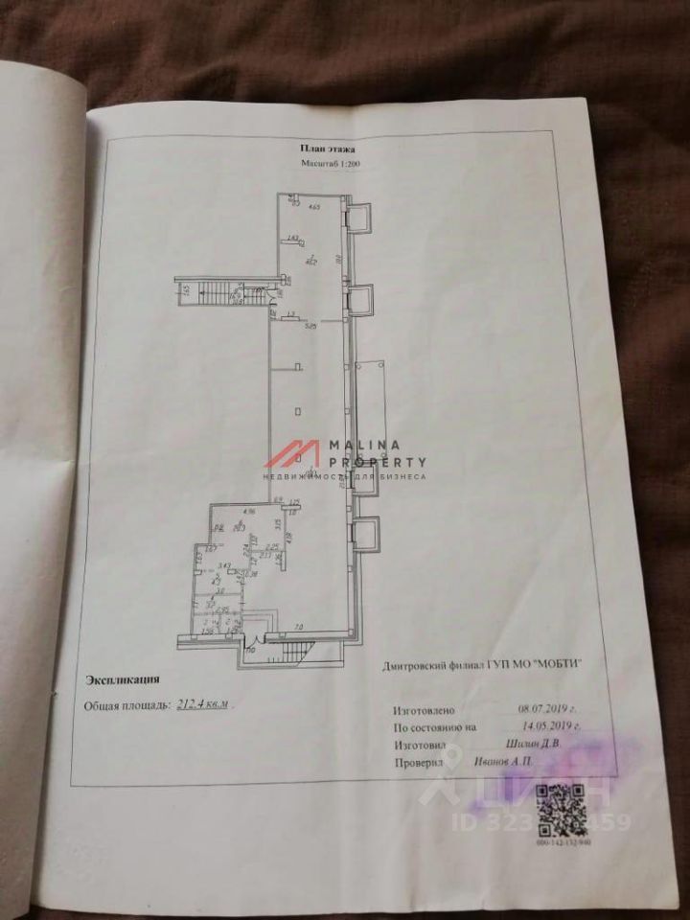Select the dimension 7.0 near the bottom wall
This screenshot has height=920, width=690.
point(298,628)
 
